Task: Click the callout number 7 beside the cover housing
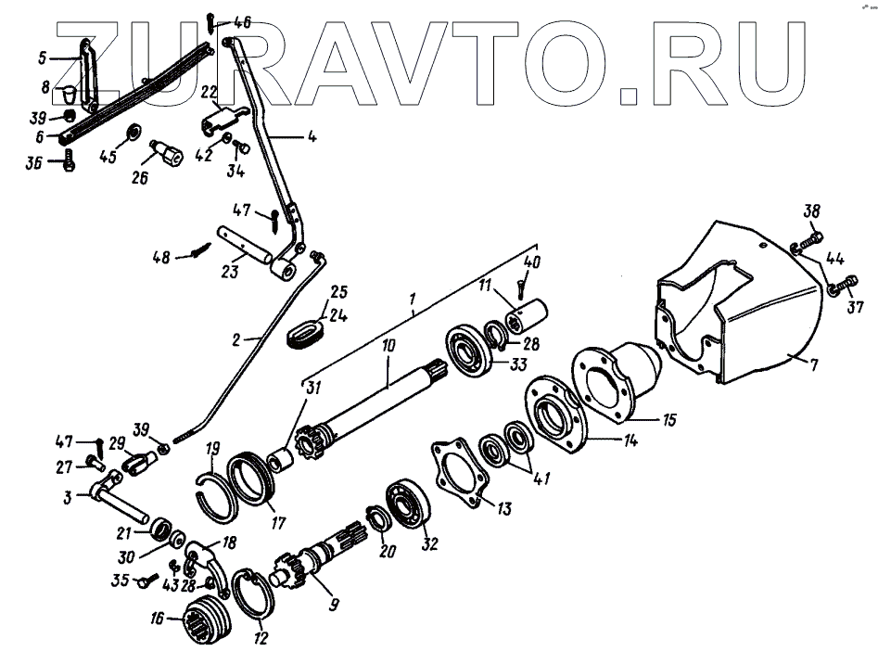tap(813, 364)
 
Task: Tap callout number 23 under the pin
tap(229, 272)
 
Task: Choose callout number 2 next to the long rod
tap(236, 339)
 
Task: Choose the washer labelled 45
tap(132, 130)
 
